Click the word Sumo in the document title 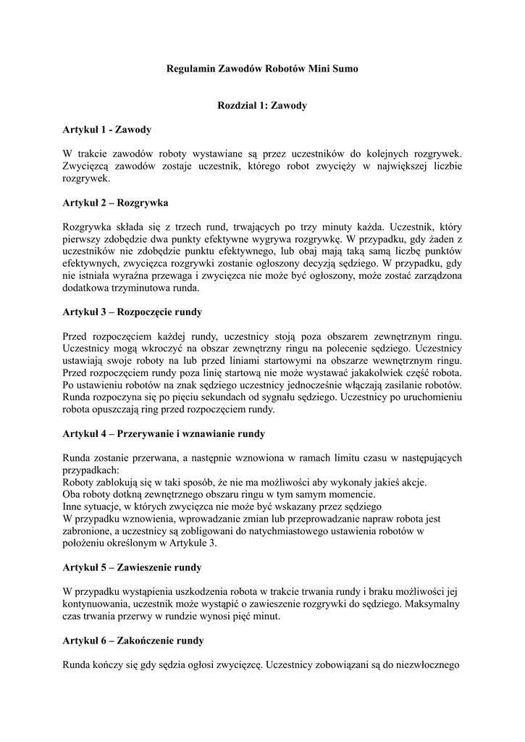pos(344,69)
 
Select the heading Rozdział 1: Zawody pos(262,106)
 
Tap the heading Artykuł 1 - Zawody pos(107,130)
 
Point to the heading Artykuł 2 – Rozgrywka pos(115,203)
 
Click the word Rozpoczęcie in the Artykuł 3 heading pos(146,312)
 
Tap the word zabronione pos(91,531)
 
